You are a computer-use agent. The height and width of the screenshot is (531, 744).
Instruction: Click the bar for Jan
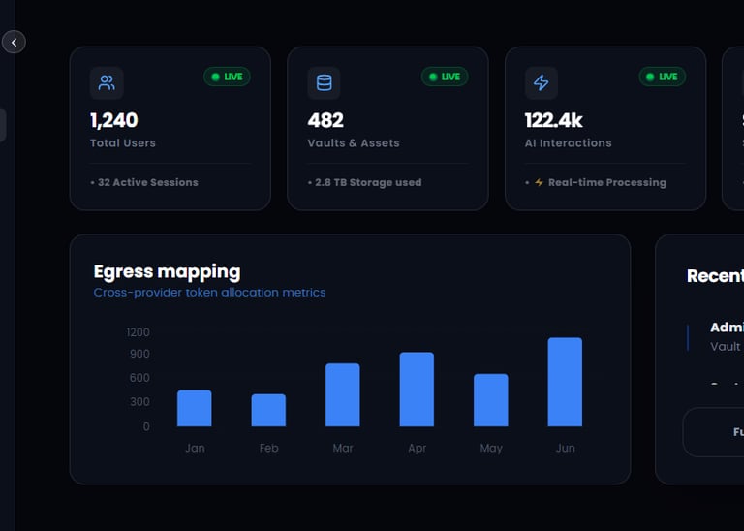click(194, 408)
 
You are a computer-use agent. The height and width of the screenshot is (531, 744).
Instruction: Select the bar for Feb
click(268, 410)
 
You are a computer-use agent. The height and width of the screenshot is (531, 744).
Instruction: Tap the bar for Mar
click(342, 394)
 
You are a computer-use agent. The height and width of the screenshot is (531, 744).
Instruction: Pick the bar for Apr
click(417, 389)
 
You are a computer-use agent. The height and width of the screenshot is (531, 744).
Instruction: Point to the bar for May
click(490, 399)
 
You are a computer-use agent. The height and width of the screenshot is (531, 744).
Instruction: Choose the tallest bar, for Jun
click(565, 382)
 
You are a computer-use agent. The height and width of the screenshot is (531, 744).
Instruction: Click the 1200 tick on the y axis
click(138, 332)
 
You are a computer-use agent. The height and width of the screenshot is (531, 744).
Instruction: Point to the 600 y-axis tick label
click(139, 378)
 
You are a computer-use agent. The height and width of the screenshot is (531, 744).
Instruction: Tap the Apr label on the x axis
click(417, 448)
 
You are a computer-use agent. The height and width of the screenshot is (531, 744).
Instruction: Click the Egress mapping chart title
click(167, 271)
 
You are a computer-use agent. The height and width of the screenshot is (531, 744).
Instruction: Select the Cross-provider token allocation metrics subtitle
click(209, 293)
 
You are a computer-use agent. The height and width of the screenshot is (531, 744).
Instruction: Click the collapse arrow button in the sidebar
click(14, 42)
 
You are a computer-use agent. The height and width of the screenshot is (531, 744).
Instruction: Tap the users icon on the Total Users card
click(107, 82)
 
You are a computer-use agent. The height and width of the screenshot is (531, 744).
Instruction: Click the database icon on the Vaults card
click(324, 82)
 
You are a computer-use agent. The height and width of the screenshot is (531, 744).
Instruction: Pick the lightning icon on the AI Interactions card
click(542, 82)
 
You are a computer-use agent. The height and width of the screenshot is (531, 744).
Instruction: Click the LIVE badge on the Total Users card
click(227, 77)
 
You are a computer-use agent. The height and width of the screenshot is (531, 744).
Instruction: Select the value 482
click(325, 120)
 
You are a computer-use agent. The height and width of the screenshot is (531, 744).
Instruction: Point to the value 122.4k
click(553, 120)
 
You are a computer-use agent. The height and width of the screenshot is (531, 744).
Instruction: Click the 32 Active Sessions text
click(145, 182)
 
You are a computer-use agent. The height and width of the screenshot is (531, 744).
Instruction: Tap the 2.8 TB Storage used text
click(365, 182)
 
